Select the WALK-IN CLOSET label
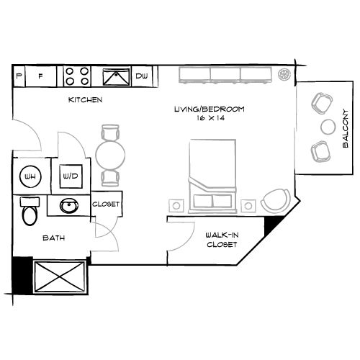(x=222, y=240)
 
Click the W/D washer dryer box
(x=71, y=176)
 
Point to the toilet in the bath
(x=30, y=212)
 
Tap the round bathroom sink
(x=70, y=206)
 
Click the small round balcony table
(x=328, y=127)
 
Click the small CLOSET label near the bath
(x=106, y=204)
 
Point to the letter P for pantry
(x=18, y=75)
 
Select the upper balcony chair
(x=320, y=104)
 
